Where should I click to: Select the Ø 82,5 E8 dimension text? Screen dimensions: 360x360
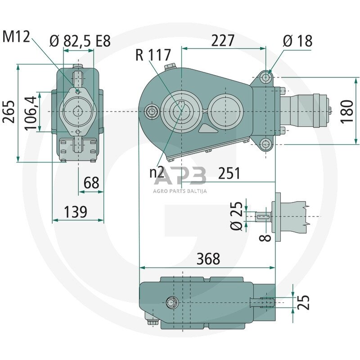(x=80, y=41)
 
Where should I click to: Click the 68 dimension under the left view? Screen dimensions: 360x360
(x=91, y=183)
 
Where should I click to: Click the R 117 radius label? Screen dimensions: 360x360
(x=153, y=56)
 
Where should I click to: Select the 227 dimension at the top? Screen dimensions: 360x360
(x=223, y=40)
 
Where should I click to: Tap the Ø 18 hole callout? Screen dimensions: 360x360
(x=297, y=41)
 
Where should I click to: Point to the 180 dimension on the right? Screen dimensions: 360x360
(x=347, y=111)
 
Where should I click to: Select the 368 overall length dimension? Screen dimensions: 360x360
(x=208, y=259)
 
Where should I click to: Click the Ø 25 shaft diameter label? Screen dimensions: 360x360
(x=238, y=216)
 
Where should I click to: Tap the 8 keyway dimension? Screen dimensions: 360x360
(x=267, y=235)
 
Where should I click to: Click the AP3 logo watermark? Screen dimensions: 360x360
(x=180, y=176)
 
